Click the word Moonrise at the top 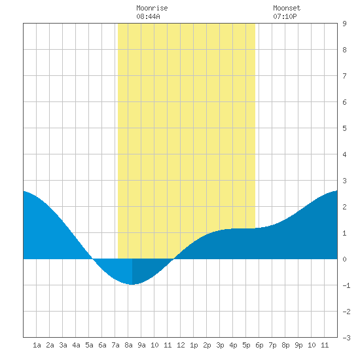pyautogui.click(x=152, y=8)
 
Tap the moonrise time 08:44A pyautogui.click(x=148, y=16)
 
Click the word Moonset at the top pyautogui.click(x=287, y=8)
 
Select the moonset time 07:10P pyautogui.click(x=285, y=16)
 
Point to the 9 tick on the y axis pyautogui.click(x=344, y=24)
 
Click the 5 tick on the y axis pyautogui.click(x=344, y=128)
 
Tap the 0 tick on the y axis pyautogui.click(x=344, y=259)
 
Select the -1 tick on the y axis pyautogui.click(x=346, y=285)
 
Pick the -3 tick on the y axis pyautogui.click(x=346, y=338)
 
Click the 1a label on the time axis pyautogui.click(x=37, y=345)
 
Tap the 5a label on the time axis pyautogui.click(x=89, y=345)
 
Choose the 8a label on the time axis pyautogui.click(x=128, y=345)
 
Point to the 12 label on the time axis pyautogui.click(x=181, y=345)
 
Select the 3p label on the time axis pyautogui.click(x=220, y=345)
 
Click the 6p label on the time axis pyautogui.click(x=259, y=345)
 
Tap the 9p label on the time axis pyautogui.click(x=298, y=345)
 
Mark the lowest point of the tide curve pyautogui.click(x=132, y=285)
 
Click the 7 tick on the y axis pyautogui.click(x=344, y=76)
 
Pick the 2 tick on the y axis pyautogui.click(x=344, y=207)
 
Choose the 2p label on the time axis pyautogui.click(x=207, y=345)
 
